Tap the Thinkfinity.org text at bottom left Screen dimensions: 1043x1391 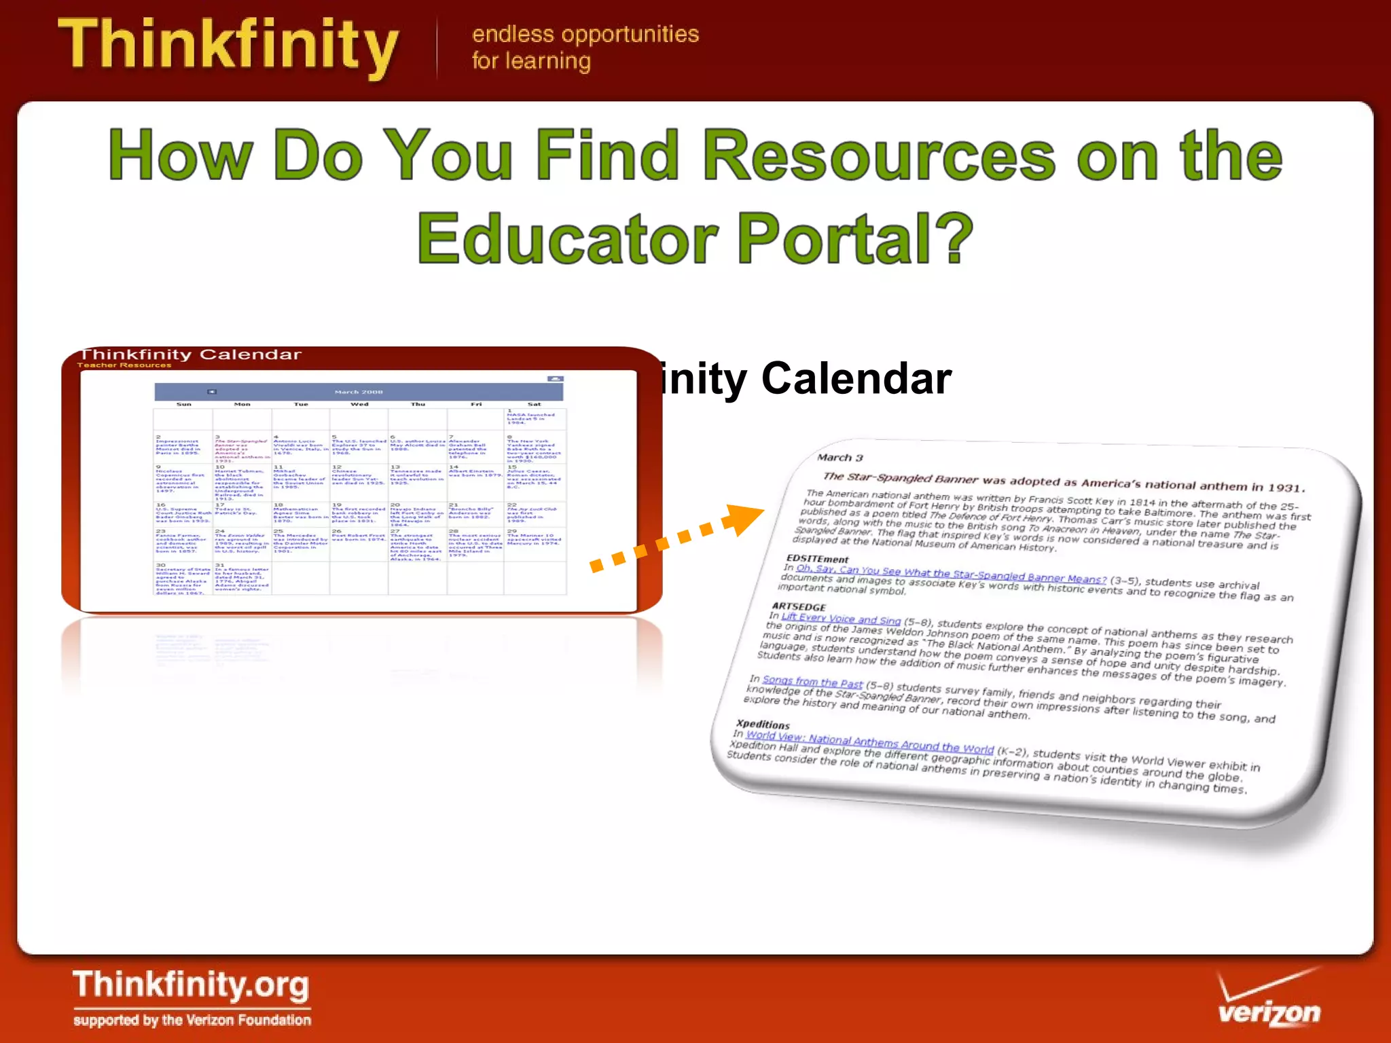[191, 985]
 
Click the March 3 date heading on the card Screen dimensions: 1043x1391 [839, 458]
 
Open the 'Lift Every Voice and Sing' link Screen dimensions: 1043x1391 [841, 619]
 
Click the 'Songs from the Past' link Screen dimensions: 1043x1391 [812, 682]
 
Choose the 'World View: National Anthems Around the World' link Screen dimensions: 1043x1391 [869, 743]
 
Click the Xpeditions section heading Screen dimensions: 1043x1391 [763, 724]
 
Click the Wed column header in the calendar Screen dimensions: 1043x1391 [359, 404]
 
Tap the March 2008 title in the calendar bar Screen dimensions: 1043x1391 [359, 392]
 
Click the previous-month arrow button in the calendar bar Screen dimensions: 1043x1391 [212, 392]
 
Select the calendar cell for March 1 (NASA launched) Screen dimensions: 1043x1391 [534, 418]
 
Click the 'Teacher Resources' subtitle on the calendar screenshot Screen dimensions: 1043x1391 [124, 365]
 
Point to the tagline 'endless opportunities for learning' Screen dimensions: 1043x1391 [585, 47]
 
